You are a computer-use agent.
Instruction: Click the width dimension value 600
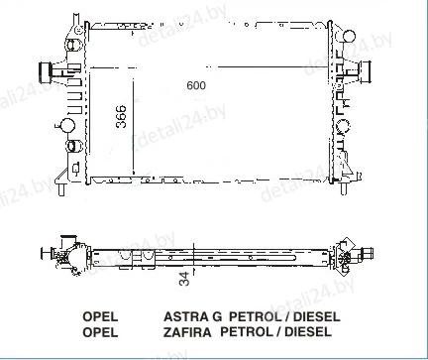click(196, 85)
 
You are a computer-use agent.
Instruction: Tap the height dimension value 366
click(121, 116)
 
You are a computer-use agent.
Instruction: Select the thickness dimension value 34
click(185, 279)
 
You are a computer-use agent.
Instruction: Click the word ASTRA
click(186, 316)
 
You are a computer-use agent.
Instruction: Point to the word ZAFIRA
click(187, 332)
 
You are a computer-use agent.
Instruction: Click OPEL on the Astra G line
click(100, 316)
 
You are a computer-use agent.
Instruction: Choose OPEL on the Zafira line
click(100, 332)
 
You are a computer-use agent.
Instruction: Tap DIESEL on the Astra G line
click(317, 316)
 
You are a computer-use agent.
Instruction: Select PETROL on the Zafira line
click(245, 331)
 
